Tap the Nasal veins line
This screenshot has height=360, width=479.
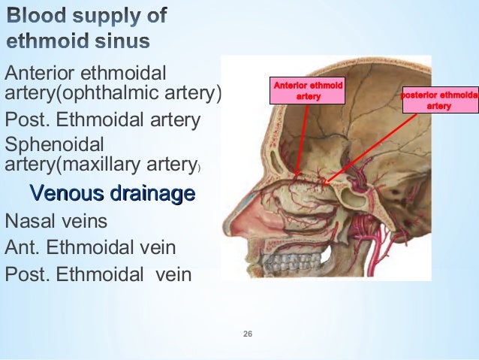click(x=56, y=222)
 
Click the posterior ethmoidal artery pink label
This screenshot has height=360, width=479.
click(x=439, y=101)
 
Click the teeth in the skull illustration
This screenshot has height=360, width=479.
click(x=287, y=262)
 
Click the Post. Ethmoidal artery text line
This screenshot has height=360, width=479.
click(x=102, y=119)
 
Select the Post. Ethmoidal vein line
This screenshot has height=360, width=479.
click(x=98, y=274)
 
